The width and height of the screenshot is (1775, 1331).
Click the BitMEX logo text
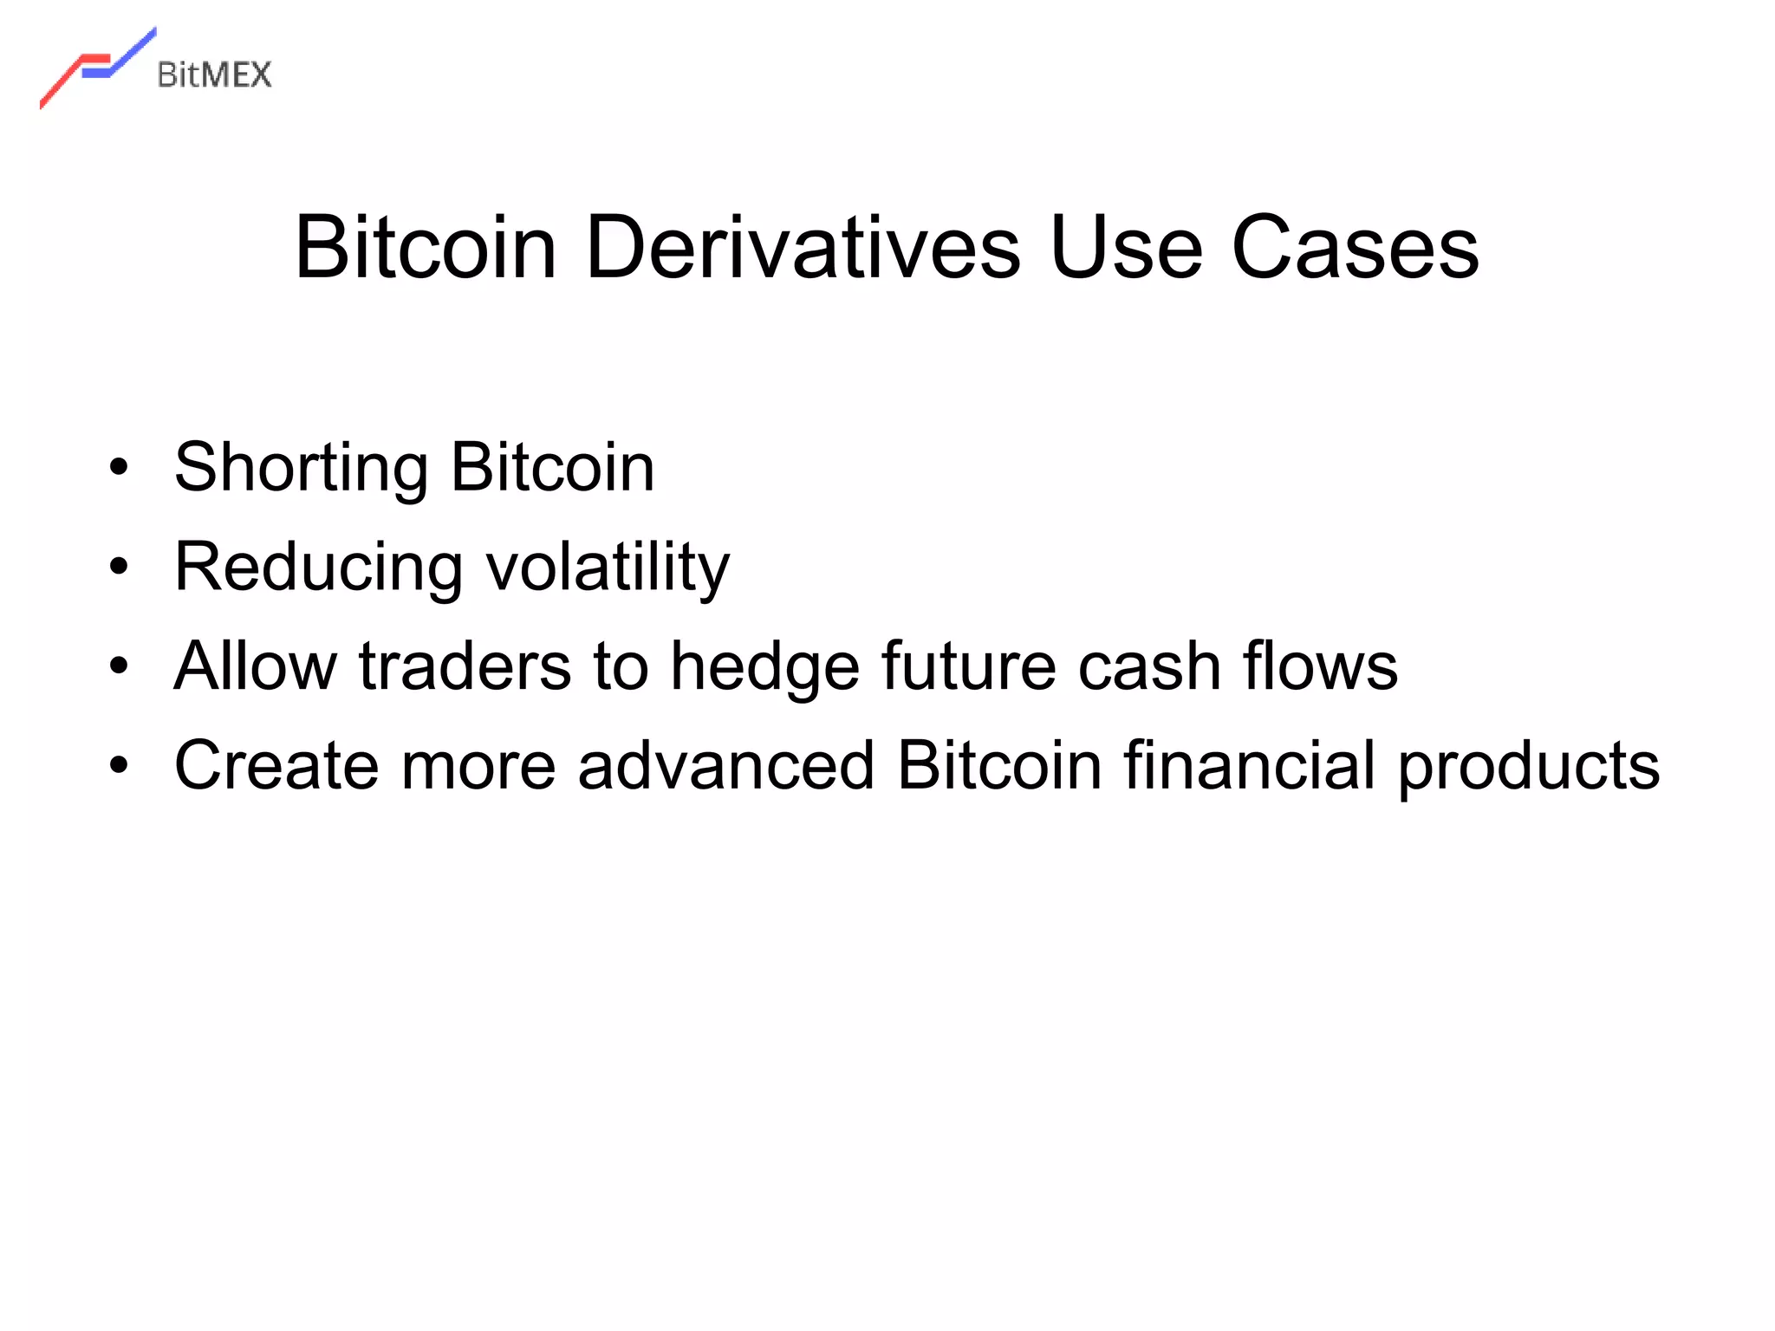(x=214, y=75)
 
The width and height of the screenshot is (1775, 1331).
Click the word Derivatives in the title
(x=803, y=248)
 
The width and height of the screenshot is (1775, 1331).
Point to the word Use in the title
(x=1126, y=248)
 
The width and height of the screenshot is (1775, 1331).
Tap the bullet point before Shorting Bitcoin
(x=119, y=469)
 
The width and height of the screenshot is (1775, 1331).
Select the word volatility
(x=608, y=568)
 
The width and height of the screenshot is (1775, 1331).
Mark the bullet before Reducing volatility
(x=119, y=568)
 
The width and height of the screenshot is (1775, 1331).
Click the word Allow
(x=255, y=665)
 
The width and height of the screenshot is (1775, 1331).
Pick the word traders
(x=465, y=665)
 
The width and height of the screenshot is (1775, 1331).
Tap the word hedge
(x=765, y=667)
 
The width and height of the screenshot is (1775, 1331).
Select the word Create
(x=276, y=765)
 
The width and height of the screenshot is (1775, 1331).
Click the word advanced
(x=725, y=765)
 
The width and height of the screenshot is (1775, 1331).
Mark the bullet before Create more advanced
(x=119, y=765)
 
